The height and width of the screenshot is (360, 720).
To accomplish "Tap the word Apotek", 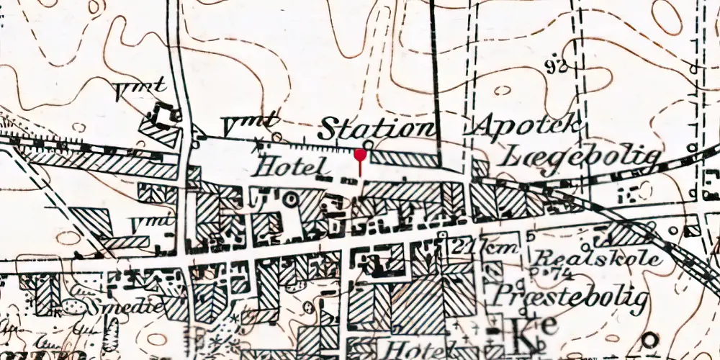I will coord(527,127).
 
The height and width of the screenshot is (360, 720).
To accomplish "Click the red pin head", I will coord(360,153).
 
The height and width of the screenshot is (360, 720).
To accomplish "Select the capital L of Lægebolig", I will coord(517,155).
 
